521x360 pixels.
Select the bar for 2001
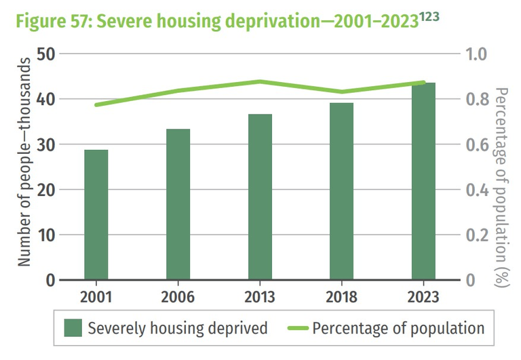tap(96, 215)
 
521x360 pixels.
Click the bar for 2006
tap(178, 205)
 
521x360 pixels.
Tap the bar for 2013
tap(260, 197)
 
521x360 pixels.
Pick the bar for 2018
tap(341, 192)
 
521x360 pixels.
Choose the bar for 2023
tap(423, 182)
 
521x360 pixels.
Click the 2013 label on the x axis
tap(260, 298)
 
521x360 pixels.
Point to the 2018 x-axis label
tap(341, 298)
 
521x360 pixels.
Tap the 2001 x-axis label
tap(96, 298)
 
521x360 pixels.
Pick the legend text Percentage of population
tap(398, 329)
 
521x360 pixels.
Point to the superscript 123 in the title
tap(429, 14)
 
